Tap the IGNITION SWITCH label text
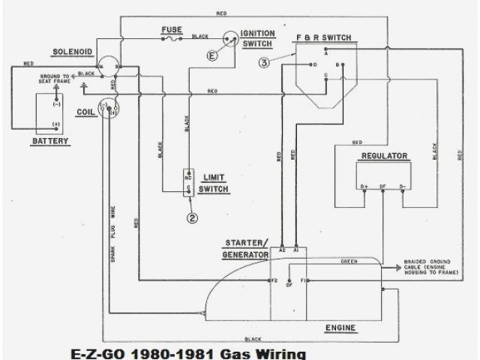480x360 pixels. pyautogui.click(x=258, y=38)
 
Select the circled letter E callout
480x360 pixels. pyautogui.click(x=212, y=55)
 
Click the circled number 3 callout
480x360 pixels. pyautogui.click(x=264, y=63)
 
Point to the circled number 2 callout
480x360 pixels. pyautogui.click(x=193, y=218)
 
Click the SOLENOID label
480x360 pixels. pyautogui.click(x=72, y=52)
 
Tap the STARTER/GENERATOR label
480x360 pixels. pyautogui.click(x=245, y=250)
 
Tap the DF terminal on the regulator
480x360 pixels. pyautogui.click(x=382, y=185)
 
